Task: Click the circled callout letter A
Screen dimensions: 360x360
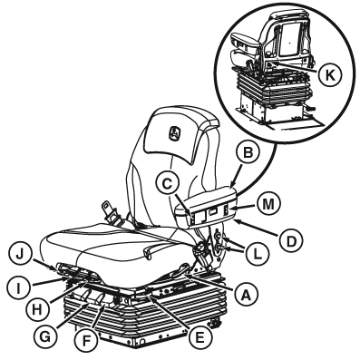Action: [x=245, y=293]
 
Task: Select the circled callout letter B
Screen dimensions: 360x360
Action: [x=248, y=153]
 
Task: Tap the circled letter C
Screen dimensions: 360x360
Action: [x=168, y=184]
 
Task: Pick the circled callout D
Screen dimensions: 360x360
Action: [x=291, y=241]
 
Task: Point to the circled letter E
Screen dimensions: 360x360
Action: [x=199, y=336]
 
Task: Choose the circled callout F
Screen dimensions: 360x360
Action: [x=86, y=341]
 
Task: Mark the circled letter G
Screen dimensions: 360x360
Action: [x=45, y=336]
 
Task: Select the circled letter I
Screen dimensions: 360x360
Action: [x=18, y=288]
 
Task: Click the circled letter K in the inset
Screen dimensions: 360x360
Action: [x=329, y=74]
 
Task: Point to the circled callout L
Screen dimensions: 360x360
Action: [x=257, y=255]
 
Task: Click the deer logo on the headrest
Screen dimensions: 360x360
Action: [x=175, y=133]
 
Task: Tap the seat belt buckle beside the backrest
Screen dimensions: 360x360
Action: [x=110, y=213]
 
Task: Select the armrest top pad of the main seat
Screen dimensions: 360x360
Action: [x=206, y=197]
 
